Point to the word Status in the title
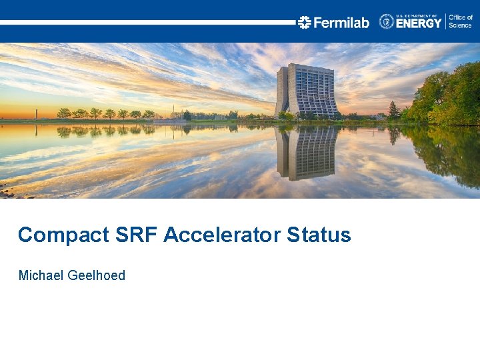[x=319, y=235]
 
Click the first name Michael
[x=41, y=275]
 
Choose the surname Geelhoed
[x=97, y=275]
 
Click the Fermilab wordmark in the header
[x=341, y=23]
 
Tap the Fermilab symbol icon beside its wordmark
[x=305, y=23]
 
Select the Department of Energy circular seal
[x=387, y=22]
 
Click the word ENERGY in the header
[x=419, y=24]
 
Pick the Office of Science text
[x=461, y=21]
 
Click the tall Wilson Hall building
[x=306, y=91]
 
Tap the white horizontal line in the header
[x=147, y=22]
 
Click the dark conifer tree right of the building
[x=393, y=111]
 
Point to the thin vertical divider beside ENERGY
[x=445, y=21]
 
